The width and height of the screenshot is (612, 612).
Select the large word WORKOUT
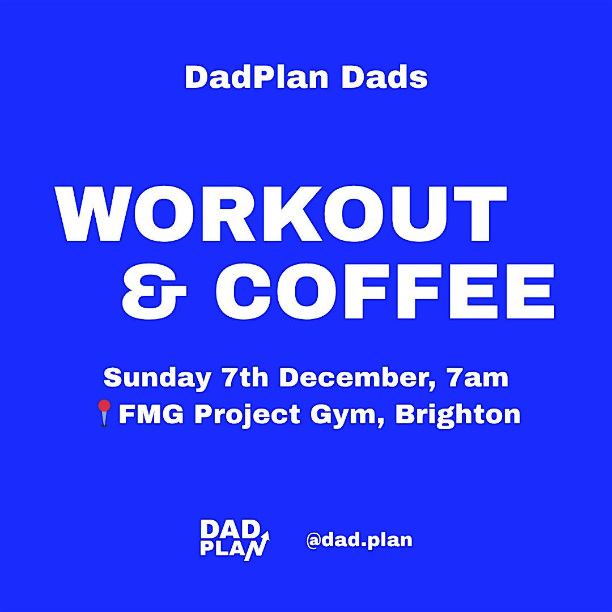click(x=282, y=214)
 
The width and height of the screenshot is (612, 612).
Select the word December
click(x=357, y=378)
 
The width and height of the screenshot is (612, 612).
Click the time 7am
click(x=477, y=378)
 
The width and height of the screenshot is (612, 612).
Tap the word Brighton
click(x=457, y=414)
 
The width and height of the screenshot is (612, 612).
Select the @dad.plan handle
click(x=359, y=540)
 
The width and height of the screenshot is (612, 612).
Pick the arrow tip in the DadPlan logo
click(x=266, y=534)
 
